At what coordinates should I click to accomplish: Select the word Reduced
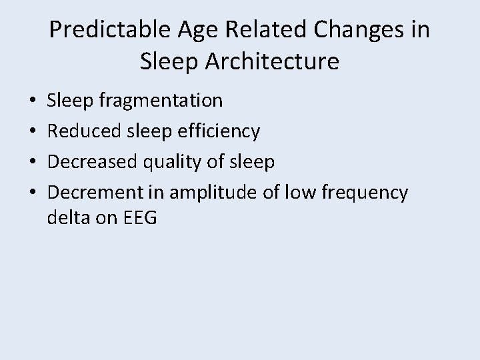point(79,131)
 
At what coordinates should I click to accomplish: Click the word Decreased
point(88,162)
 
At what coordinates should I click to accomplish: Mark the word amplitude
point(213,193)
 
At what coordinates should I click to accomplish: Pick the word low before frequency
point(300,193)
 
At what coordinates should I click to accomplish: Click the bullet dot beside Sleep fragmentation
point(33,101)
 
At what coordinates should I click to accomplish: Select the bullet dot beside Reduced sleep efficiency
point(33,132)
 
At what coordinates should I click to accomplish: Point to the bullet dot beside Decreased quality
point(33,163)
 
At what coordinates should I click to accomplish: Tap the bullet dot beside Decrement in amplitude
point(33,193)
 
